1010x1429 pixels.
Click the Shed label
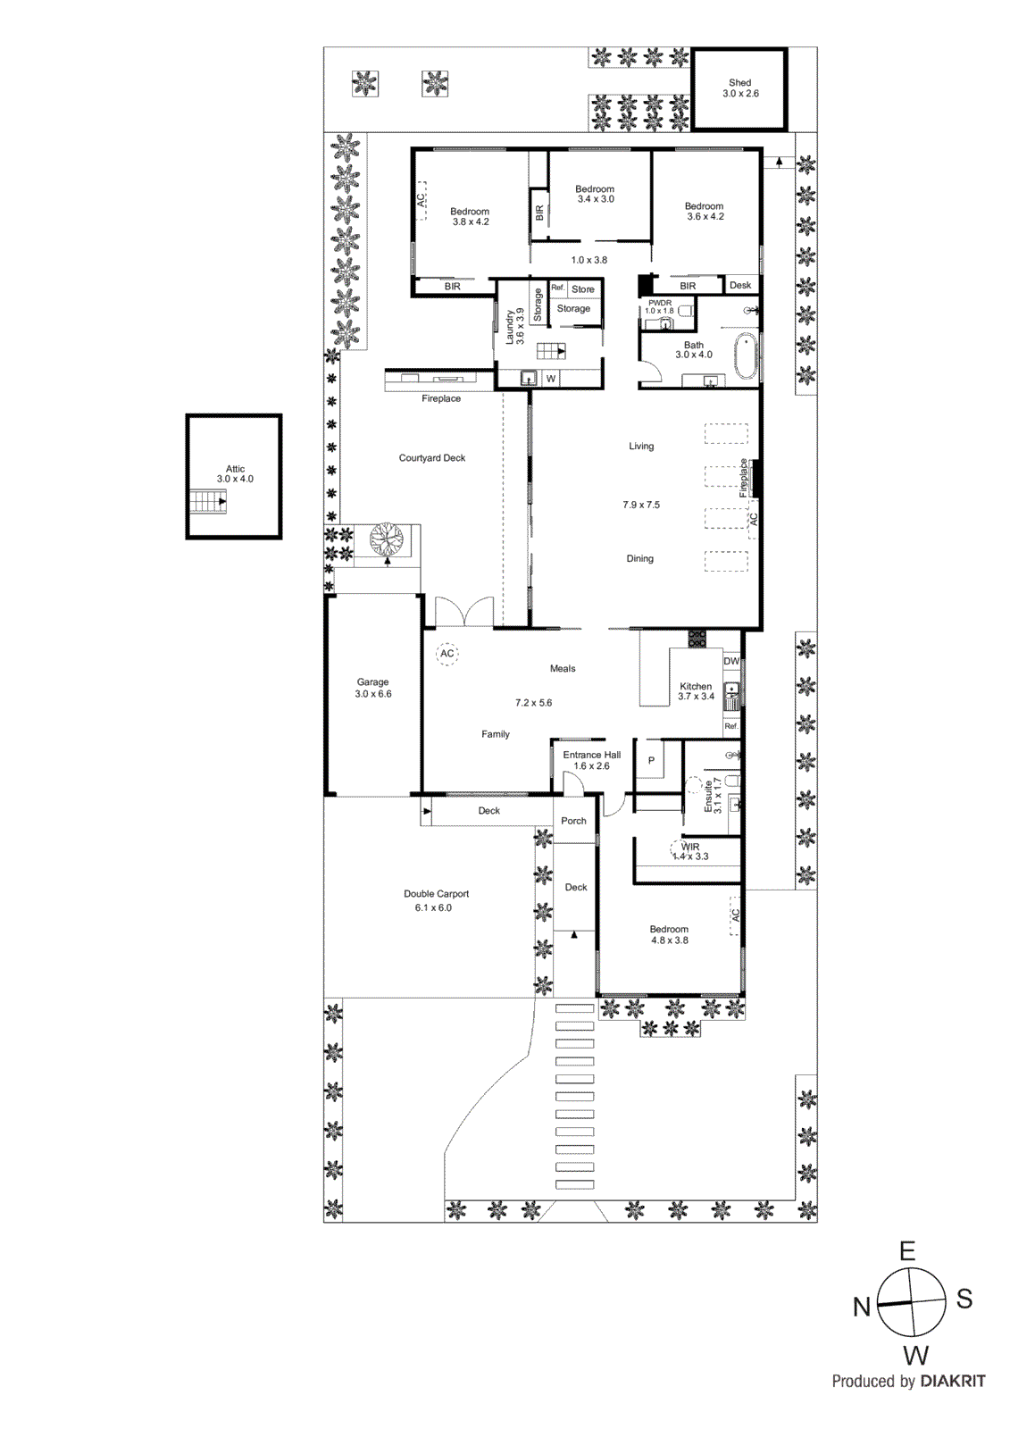click(x=739, y=83)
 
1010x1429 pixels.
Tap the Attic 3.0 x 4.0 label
click(x=235, y=474)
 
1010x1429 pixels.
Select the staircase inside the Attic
click(x=207, y=502)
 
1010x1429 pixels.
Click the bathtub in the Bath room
click(x=746, y=356)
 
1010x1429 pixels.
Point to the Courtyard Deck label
click(x=432, y=458)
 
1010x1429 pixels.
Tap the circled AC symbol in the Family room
click(x=447, y=654)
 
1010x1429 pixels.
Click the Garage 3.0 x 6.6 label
click(x=373, y=688)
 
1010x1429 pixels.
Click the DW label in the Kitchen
click(x=731, y=662)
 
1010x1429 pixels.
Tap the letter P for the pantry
click(x=651, y=761)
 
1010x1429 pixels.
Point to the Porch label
click(x=573, y=821)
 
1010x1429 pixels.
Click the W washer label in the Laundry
click(x=551, y=379)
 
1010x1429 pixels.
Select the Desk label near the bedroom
click(x=740, y=286)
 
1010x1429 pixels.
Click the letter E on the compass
click(x=907, y=1251)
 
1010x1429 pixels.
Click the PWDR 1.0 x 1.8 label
click(x=660, y=306)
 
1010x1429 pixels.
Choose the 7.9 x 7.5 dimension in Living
click(x=641, y=505)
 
